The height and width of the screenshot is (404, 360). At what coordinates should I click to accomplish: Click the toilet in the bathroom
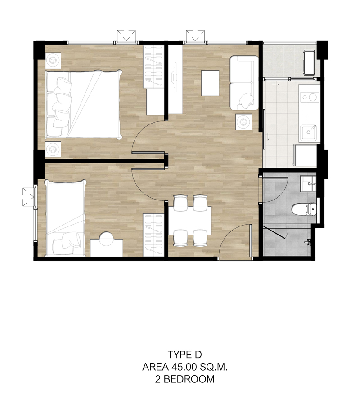click(304, 209)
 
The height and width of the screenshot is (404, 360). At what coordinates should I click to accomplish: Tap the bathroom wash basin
click(308, 184)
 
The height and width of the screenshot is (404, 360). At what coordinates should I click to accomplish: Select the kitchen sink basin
click(308, 132)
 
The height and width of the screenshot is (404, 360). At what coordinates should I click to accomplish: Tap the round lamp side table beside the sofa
click(243, 122)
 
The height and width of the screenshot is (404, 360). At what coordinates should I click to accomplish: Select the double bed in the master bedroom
click(83, 104)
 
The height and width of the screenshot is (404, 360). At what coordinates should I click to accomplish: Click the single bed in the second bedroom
click(65, 218)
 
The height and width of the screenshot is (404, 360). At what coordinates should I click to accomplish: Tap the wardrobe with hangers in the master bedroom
click(153, 67)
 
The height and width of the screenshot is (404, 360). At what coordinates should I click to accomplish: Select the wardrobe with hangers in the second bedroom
click(153, 235)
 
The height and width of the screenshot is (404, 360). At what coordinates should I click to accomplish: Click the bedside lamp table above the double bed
click(53, 60)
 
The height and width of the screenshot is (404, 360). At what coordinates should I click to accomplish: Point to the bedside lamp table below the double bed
click(53, 149)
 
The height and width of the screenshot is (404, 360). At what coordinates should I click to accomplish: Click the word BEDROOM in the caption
click(189, 379)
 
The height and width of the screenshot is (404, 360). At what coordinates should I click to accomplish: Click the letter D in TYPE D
click(198, 355)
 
